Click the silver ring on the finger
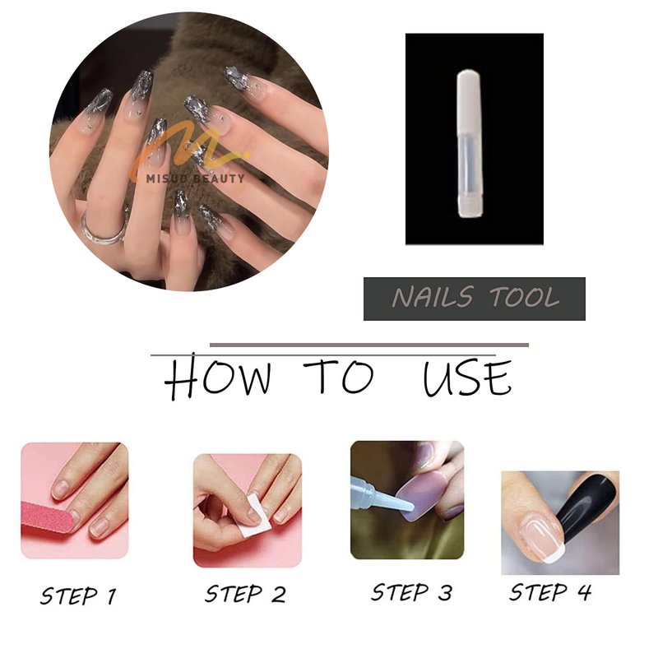pos(90,235)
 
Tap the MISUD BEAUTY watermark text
pos(195,178)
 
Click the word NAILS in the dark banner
pos(433,297)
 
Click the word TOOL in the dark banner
pos(525,297)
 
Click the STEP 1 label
pos(78,595)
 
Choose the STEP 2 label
pos(245,594)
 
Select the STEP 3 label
pos(412,592)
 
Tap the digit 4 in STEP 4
pos(584,592)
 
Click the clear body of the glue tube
pos(469,168)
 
